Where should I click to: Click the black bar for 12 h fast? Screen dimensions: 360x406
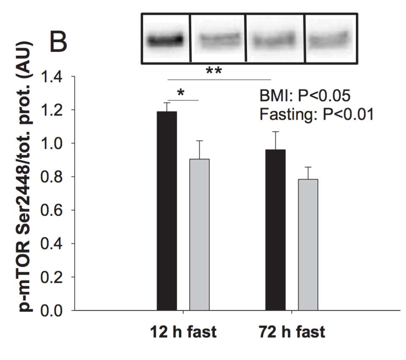(x=167, y=211)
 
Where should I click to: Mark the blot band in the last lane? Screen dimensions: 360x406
(x=330, y=41)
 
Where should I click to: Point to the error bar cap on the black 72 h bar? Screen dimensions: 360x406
(x=275, y=132)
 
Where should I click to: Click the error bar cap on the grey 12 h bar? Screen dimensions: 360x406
(x=199, y=141)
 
